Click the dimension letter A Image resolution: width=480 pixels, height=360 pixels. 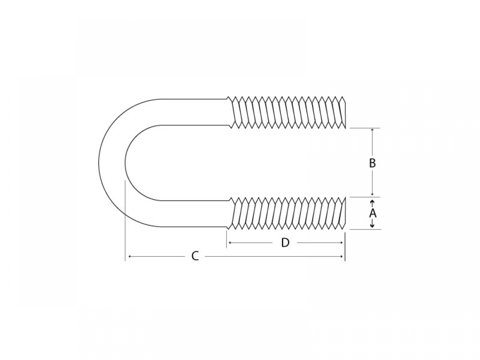tap(372, 213)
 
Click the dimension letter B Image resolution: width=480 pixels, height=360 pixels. tap(372, 163)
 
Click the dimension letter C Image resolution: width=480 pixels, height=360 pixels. tap(195, 256)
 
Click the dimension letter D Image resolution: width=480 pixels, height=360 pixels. tap(285, 243)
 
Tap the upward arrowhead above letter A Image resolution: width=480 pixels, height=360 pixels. tap(372, 203)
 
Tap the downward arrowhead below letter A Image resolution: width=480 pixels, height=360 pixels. tap(372, 225)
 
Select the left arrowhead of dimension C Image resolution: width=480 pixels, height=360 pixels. tap(130, 256)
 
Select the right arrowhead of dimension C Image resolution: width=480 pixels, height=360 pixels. tap(342, 256)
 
